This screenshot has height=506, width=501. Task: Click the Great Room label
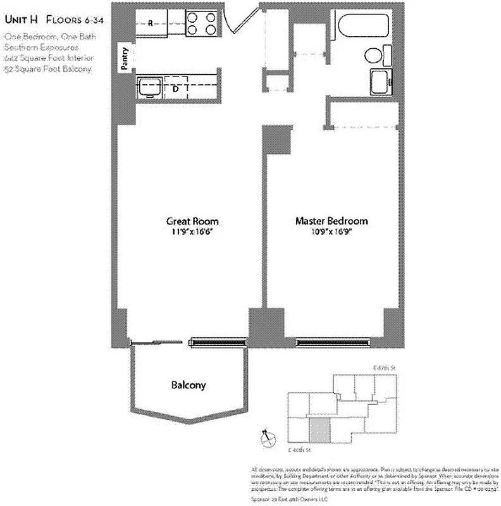pos(192,221)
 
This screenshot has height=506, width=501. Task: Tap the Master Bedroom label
pos(331,221)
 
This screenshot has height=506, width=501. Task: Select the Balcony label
pos(188,385)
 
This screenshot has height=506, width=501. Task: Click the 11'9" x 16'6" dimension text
pos(192,232)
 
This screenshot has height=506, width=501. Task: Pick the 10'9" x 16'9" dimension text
pos(331,232)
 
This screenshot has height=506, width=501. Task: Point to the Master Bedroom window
pos(333,343)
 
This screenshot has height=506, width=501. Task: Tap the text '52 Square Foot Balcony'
pos(48,69)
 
